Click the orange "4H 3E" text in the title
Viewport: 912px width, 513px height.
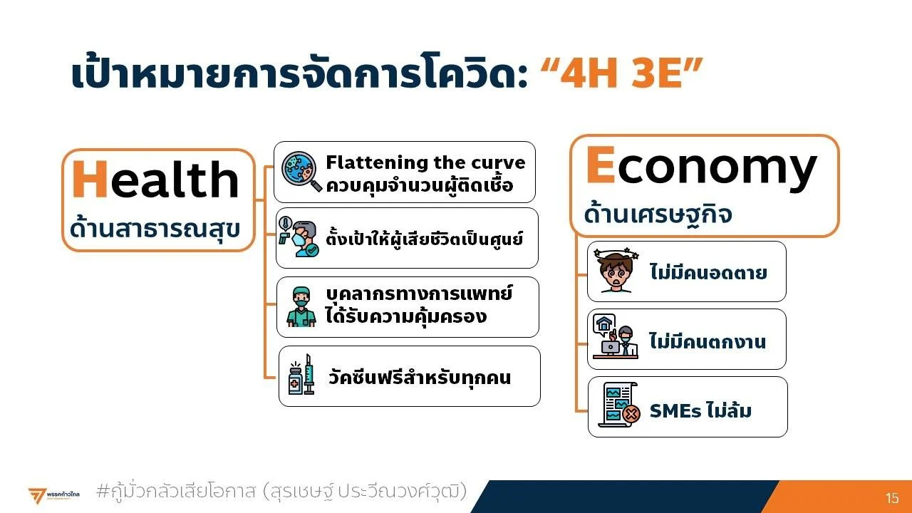622,73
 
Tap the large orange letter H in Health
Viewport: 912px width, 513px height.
90,179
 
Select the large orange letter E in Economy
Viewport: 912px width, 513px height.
601,165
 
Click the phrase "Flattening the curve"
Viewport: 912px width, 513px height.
425,162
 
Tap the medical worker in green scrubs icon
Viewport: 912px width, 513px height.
301,306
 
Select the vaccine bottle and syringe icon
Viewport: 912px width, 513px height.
301,375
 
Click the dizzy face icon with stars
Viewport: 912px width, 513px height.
616,270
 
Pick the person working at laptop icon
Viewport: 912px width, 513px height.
616,337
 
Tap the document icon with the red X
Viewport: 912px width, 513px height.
619,405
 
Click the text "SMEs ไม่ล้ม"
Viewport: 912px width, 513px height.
700,410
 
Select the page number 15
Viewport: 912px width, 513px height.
891,498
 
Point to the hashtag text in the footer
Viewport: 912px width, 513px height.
281,491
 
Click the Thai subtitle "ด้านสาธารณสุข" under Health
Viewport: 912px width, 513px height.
155,229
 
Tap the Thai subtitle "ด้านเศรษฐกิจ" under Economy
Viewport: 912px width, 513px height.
658,214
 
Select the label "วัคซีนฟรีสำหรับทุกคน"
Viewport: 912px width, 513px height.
420,377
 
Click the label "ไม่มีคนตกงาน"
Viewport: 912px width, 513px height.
708,341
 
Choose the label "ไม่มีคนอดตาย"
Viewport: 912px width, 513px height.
708,272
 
